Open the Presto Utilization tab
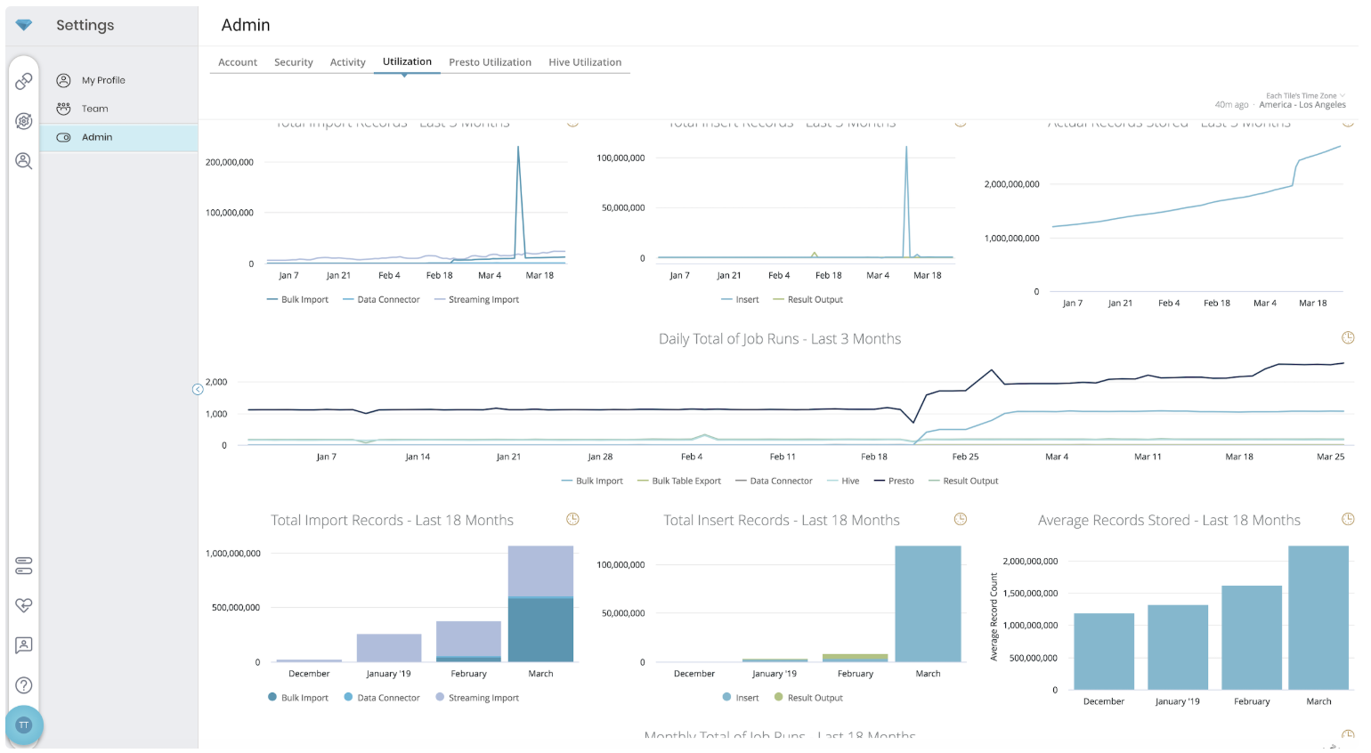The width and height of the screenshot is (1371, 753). pyautogui.click(x=490, y=62)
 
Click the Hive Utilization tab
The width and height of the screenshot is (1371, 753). pyautogui.click(x=585, y=62)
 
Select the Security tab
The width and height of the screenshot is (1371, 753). pyautogui.click(x=293, y=62)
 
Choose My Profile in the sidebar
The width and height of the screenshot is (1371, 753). pyautogui.click(x=103, y=80)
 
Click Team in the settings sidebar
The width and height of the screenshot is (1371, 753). pyautogui.click(x=94, y=109)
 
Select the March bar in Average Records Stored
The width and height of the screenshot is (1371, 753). pyautogui.click(x=1318, y=618)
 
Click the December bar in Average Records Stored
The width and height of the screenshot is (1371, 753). pyautogui.click(x=1104, y=651)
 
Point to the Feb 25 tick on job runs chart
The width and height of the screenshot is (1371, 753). pyautogui.click(x=965, y=457)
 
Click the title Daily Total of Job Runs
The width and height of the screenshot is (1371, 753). pyautogui.click(x=780, y=339)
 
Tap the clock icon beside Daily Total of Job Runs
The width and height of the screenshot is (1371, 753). pyautogui.click(x=1348, y=338)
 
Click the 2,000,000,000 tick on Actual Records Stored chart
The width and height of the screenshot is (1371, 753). pyautogui.click(x=1011, y=184)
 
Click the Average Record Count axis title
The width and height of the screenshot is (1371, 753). pyautogui.click(x=994, y=617)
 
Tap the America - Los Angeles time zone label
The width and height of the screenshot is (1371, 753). pyautogui.click(x=1302, y=105)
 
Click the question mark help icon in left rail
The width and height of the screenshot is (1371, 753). pyautogui.click(x=24, y=685)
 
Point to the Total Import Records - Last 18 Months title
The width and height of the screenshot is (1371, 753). pyautogui.click(x=392, y=521)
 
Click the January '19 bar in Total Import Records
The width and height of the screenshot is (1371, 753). pyautogui.click(x=389, y=648)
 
